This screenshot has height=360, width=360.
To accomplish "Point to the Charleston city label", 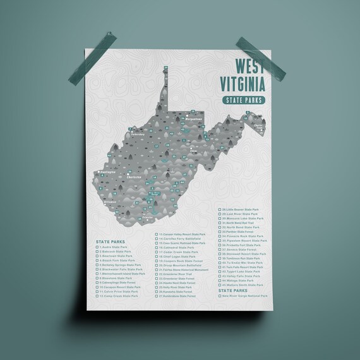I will coord(135,177).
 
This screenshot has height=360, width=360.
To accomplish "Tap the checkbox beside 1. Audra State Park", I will coord(97,247).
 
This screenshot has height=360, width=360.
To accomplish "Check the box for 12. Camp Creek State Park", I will coord(97,295).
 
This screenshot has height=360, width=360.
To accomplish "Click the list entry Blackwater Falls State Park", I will coord(120,269).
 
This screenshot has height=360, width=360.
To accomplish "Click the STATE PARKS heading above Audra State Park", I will coord(111,241).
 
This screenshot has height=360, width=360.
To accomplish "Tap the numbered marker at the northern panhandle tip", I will coord(165,66).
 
